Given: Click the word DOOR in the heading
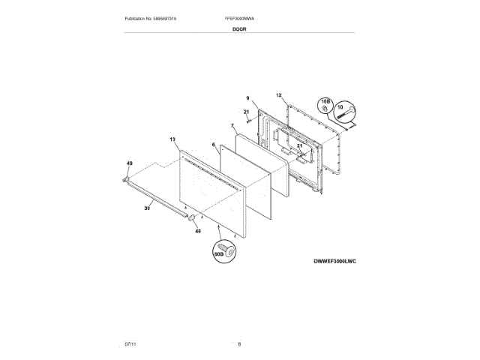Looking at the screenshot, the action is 239,28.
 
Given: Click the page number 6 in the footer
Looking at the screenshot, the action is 239,344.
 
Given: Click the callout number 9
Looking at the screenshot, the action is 247,98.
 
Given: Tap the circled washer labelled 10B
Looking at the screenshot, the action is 325,105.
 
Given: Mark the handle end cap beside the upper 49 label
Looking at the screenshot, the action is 127,179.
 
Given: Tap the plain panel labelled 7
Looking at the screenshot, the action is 259,154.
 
